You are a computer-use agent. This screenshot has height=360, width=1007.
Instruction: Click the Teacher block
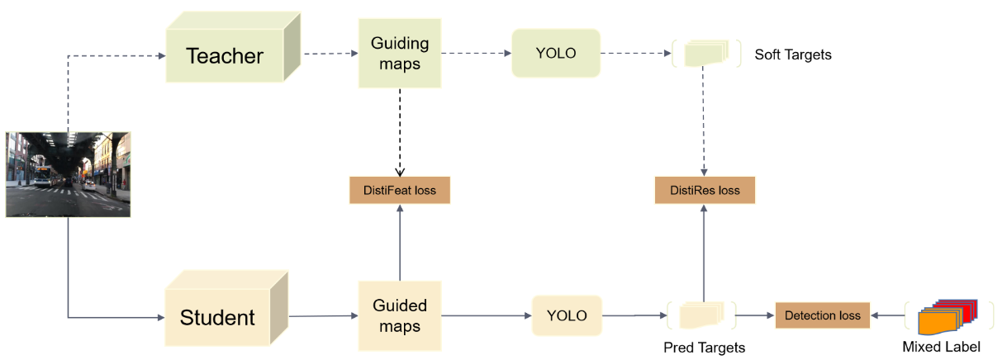pyautogui.click(x=225, y=56)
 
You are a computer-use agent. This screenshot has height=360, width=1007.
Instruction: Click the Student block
pyautogui.click(x=218, y=317)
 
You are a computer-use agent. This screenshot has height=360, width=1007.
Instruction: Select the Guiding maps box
pyautogui.click(x=400, y=54)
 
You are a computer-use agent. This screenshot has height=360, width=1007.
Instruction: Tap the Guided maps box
pyautogui.click(x=400, y=316)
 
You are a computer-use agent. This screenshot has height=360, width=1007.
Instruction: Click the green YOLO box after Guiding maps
pyautogui.click(x=555, y=54)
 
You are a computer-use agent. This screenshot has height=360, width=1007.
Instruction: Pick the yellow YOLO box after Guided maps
pyautogui.click(x=567, y=315)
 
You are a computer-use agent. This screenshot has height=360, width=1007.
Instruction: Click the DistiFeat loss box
pyautogui.click(x=400, y=191)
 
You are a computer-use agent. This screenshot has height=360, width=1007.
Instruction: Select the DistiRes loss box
pyautogui.click(x=705, y=191)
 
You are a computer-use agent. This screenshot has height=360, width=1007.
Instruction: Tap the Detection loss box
pyautogui.click(x=822, y=315)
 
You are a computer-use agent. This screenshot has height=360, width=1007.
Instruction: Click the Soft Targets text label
pyautogui.click(x=793, y=55)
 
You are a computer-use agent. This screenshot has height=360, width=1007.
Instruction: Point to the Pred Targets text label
pyautogui.click(x=704, y=348)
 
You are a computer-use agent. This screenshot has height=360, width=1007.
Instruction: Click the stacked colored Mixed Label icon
pyautogui.click(x=947, y=315)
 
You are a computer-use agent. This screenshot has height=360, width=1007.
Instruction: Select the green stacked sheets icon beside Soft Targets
pyautogui.click(x=704, y=54)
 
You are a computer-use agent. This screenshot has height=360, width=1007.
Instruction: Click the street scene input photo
pyautogui.click(x=68, y=174)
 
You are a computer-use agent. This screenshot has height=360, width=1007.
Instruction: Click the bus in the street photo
pyautogui.click(x=43, y=176)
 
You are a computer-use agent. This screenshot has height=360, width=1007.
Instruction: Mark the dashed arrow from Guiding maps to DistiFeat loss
pyautogui.click(x=400, y=132)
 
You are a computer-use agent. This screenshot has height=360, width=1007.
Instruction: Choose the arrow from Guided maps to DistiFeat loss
pyautogui.click(x=400, y=244)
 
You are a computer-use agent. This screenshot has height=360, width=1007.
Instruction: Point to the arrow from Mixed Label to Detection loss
pyautogui.click(x=889, y=315)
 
